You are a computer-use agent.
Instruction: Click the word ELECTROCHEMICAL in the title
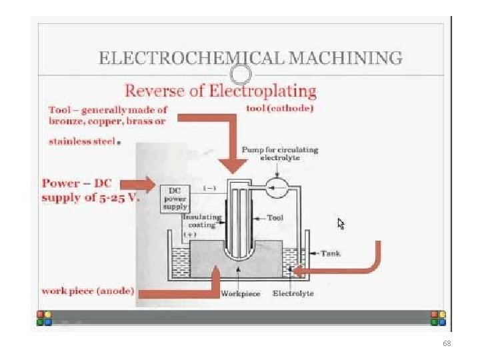(x=192, y=57)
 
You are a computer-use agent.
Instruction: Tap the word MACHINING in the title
(x=345, y=57)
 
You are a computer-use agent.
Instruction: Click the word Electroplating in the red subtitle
(x=263, y=91)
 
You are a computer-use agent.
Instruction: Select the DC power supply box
(x=175, y=199)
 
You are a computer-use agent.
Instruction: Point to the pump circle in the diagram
(x=277, y=187)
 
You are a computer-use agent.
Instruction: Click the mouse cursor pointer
(x=341, y=224)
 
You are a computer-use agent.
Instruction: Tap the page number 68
(x=447, y=343)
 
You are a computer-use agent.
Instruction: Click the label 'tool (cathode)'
(x=280, y=109)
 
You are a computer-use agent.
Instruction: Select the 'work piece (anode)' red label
(x=88, y=291)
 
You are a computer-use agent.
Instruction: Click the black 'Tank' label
(x=331, y=253)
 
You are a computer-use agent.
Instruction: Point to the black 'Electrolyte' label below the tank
(x=293, y=293)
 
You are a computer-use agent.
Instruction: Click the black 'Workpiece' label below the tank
(x=241, y=293)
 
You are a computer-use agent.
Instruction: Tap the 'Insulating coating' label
(x=202, y=221)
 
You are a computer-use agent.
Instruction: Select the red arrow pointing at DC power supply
(x=138, y=185)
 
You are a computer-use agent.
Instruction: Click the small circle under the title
(x=241, y=75)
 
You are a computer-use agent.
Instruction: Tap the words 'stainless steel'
(x=82, y=141)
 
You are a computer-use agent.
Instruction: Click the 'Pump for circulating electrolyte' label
(x=280, y=154)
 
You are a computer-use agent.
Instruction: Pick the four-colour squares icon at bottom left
(x=45, y=318)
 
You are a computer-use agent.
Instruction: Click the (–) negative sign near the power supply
(x=210, y=188)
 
